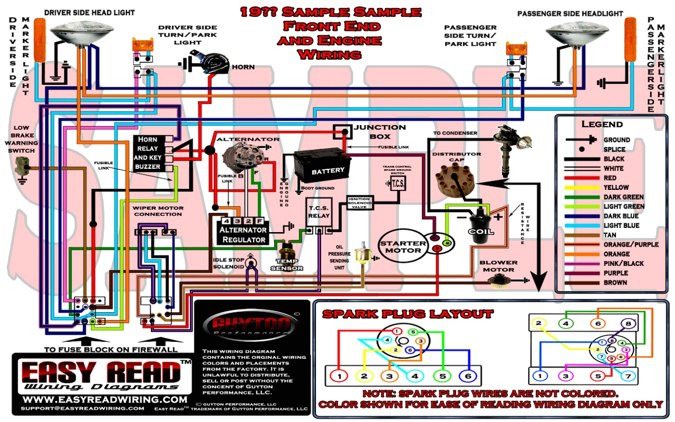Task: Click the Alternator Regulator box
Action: click(x=244, y=231)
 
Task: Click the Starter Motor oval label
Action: click(x=403, y=246)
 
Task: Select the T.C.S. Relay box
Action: click(x=319, y=212)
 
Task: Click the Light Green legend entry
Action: click(x=623, y=206)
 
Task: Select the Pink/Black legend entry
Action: click(x=623, y=263)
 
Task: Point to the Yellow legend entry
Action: click(x=616, y=188)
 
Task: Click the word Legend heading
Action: click(x=602, y=124)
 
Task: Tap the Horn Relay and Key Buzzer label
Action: click(x=148, y=153)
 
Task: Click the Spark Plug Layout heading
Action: click(x=407, y=314)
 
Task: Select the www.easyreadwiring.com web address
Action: click(x=105, y=399)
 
